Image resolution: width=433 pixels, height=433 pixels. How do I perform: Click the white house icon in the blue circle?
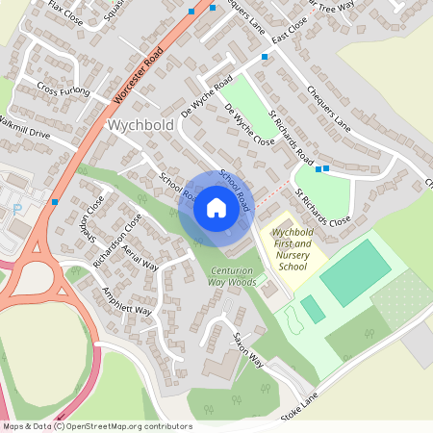pyautogui.click(x=216, y=207)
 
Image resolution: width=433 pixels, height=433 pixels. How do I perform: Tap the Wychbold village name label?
pyautogui.click(x=140, y=125)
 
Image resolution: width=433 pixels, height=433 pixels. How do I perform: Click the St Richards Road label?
pyautogui.click(x=292, y=139)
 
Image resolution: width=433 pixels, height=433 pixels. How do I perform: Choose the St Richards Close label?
pyautogui.click(x=322, y=208)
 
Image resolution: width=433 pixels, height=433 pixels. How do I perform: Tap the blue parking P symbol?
pyautogui.click(x=16, y=210)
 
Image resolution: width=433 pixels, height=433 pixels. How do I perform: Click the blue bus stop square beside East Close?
pyautogui.click(x=265, y=57)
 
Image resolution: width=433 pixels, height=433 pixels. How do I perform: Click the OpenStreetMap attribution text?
pyautogui.click(x=97, y=425)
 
